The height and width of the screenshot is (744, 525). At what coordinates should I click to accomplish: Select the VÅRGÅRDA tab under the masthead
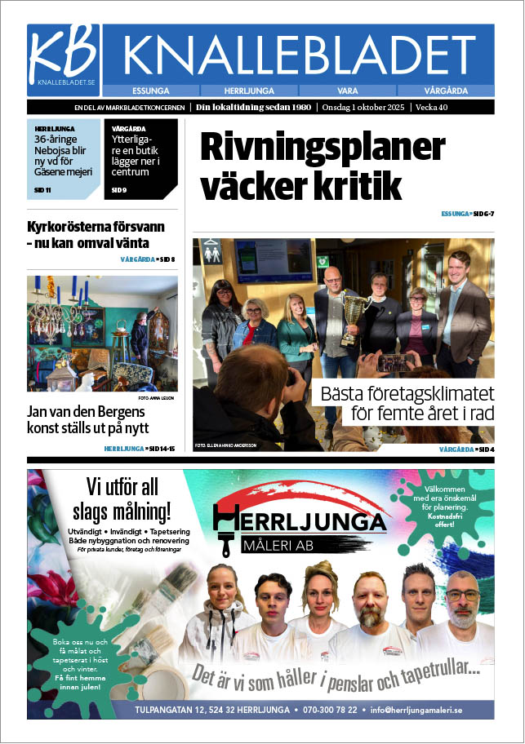click(447, 91)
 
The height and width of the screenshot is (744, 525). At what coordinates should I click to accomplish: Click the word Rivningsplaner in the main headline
click(323, 148)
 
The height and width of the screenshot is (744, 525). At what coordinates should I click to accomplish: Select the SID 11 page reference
click(42, 190)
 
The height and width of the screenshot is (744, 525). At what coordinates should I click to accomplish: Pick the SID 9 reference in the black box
click(118, 190)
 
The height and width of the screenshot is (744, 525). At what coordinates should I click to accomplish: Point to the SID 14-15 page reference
click(160, 449)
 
